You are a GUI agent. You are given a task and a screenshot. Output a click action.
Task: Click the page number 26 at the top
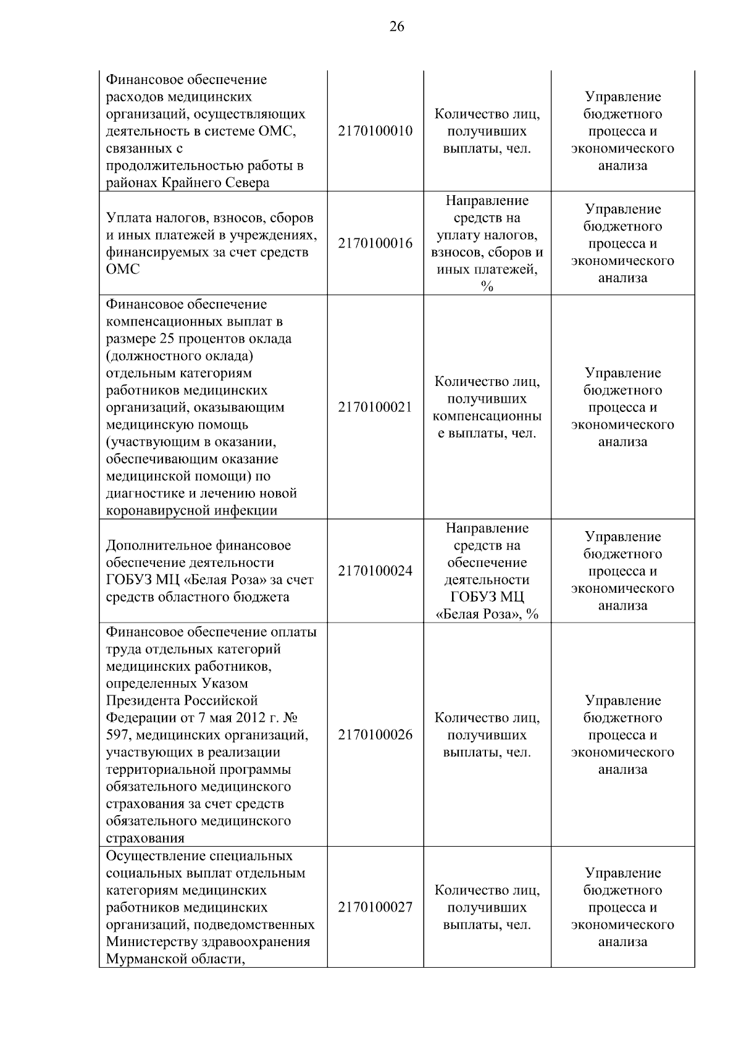396,26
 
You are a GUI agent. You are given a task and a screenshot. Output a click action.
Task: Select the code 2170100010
375,131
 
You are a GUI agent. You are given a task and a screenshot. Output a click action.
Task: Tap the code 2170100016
375,243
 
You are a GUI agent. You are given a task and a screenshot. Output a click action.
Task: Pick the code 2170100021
375,408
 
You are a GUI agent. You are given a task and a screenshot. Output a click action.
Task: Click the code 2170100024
375,571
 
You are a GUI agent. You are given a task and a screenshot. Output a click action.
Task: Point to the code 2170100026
375,735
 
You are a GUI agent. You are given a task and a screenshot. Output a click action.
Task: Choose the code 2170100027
375,907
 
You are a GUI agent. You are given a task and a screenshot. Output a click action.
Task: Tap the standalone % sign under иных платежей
487,287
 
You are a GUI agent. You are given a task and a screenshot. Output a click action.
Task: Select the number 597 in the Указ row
117,735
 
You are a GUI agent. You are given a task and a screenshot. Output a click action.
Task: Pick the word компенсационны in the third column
487,416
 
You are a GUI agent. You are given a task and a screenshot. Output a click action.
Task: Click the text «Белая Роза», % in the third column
487,614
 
